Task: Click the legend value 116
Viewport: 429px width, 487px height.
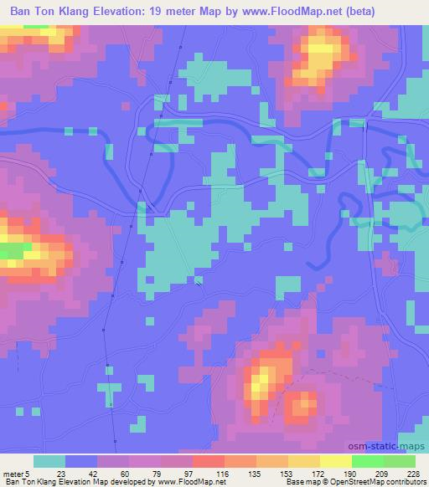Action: pos(222,474)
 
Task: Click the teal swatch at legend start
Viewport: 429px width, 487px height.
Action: pos(49,461)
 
